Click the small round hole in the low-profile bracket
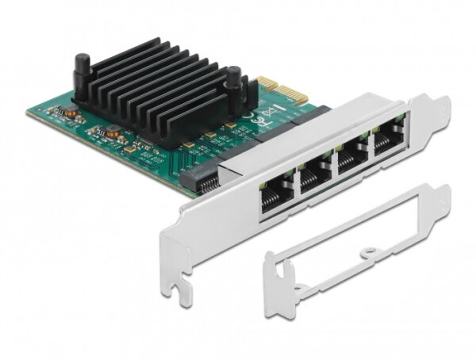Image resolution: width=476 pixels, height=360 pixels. click(x=366, y=255)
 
